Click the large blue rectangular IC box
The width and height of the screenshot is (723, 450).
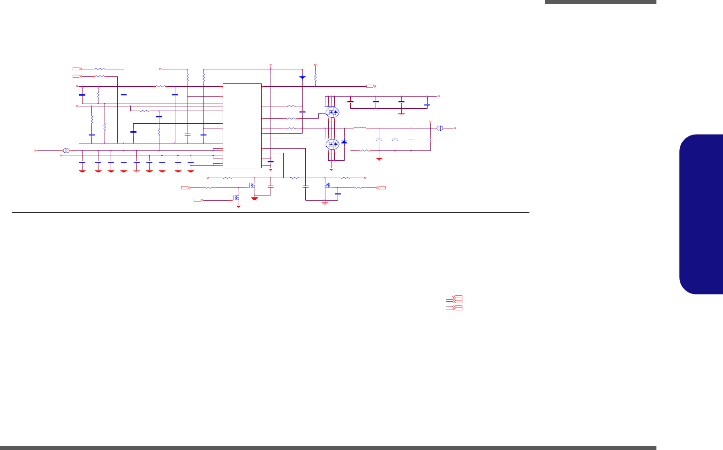pyautogui.click(x=242, y=126)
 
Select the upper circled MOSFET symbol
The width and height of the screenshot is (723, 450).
pyautogui.click(x=332, y=112)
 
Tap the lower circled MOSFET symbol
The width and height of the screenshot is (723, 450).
pyautogui.click(x=332, y=144)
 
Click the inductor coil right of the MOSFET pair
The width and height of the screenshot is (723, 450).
pyautogui.click(x=360, y=127)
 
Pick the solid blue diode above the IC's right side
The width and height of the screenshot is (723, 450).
pyautogui.click(x=302, y=77)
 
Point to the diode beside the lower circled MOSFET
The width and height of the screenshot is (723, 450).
pyautogui.click(x=344, y=142)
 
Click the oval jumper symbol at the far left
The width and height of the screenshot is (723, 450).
pyautogui.click(x=66, y=150)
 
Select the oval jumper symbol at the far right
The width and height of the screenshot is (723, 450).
pyautogui.click(x=440, y=128)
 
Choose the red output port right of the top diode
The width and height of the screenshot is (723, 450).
pyautogui.click(x=370, y=86)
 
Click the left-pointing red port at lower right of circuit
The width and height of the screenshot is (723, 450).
pyautogui.click(x=381, y=187)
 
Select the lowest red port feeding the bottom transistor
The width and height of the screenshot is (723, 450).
pyautogui.click(x=198, y=200)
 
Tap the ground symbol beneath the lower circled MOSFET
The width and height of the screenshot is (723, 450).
pyautogui.click(x=331, y=168)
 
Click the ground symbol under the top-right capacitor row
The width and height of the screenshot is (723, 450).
pyautogui.click(x=401, y=113)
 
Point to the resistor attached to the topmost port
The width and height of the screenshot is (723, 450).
pyautogui.click(x=100, y=68)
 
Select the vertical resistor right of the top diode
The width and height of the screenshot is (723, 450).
pyautogui.click(x=315, y=77)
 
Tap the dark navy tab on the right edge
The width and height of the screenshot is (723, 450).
pyautogui.click(x=700, y=214)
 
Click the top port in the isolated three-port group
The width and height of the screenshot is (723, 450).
pyautogui.click(x=457, y=297)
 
